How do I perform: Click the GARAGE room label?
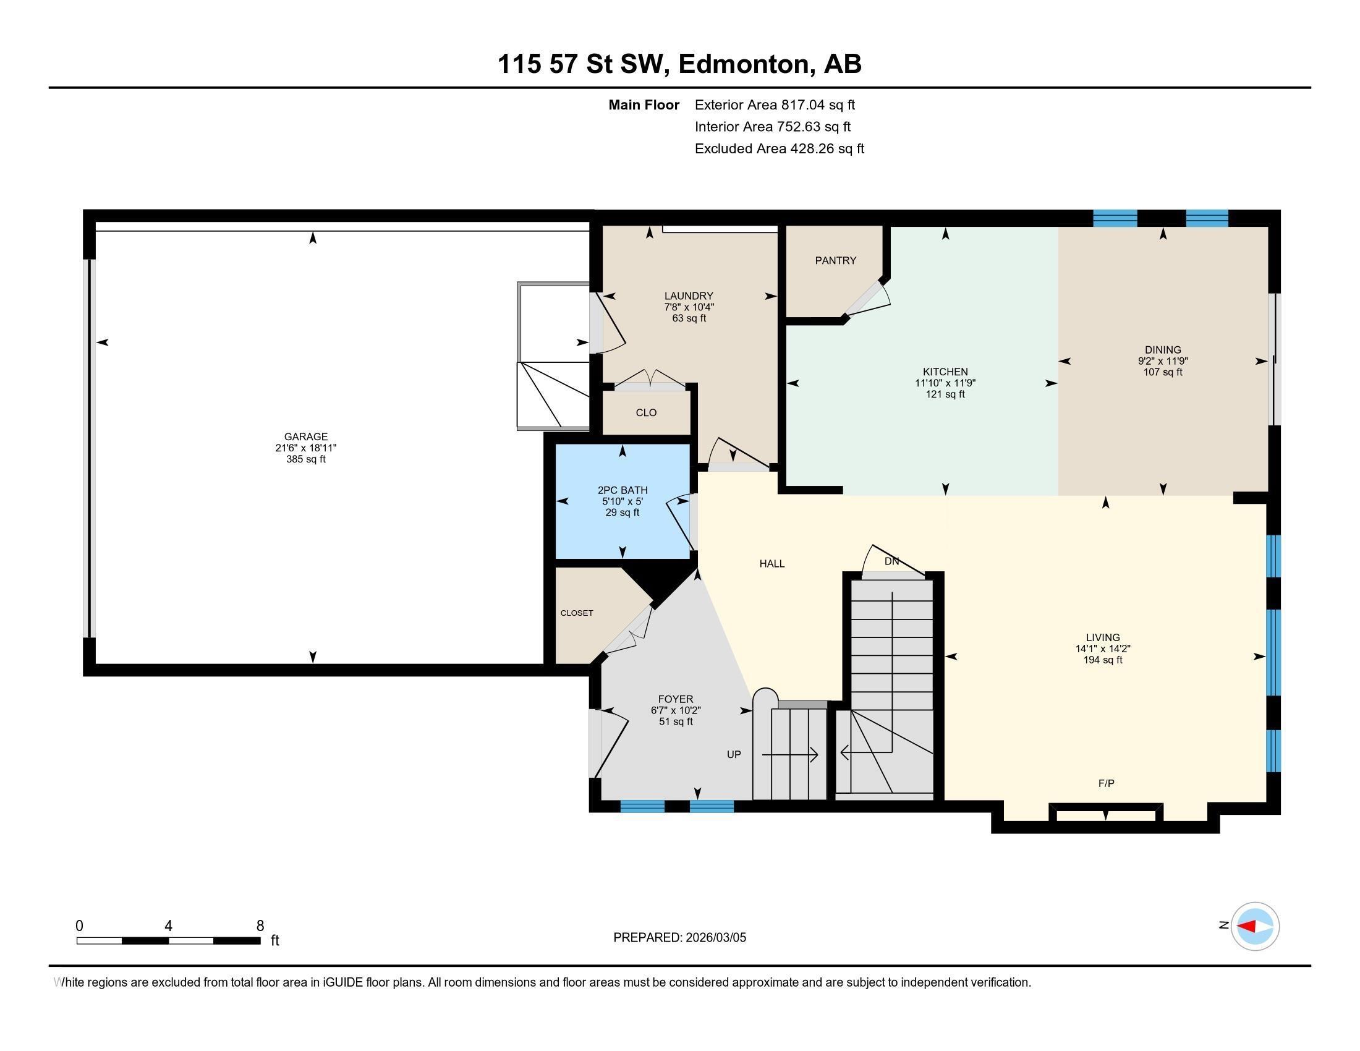pos(306,437)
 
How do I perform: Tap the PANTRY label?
pos(836,261)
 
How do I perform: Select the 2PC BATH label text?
pos(622,491)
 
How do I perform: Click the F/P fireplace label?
pos(1106,784)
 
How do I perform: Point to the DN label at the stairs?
pos(891,561)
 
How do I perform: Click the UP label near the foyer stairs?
pos(734,755)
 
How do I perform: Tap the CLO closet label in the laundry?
pos(646,413)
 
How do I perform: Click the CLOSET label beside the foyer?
pos(577,613)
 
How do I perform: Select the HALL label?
pos(771,564)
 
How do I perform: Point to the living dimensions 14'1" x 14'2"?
pos(1102,649)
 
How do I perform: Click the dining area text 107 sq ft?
pos(1162,372)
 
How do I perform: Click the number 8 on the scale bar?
pos(260,926)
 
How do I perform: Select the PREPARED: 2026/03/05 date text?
pos(679,938)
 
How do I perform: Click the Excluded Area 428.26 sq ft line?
pos(779,149)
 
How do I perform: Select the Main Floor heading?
pos(644,105)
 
